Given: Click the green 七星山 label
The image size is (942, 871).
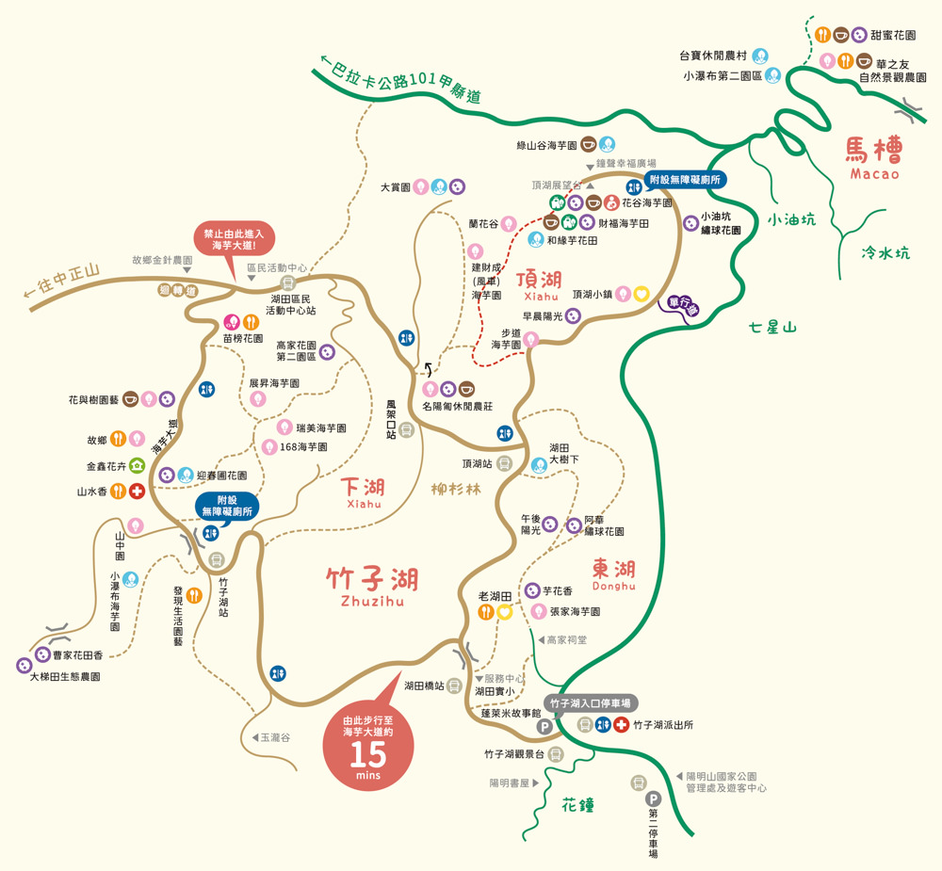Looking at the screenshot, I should (772, 328).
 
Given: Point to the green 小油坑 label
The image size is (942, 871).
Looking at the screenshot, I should (791, 219).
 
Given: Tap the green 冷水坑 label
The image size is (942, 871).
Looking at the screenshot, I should (886, 252).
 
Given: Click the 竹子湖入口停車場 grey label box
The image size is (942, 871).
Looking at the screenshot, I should (591, 702).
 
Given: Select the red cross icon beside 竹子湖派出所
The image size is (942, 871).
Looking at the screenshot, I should (621, 725).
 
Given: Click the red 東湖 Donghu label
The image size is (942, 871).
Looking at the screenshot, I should (613, 573).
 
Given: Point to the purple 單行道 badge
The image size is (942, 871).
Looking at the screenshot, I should (698, 310).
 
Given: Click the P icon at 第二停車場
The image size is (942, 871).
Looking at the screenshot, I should (654, 798).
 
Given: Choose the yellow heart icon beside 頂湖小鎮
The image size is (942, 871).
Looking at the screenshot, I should (641, 294).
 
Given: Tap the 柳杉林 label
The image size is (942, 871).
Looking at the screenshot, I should (456, 489).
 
